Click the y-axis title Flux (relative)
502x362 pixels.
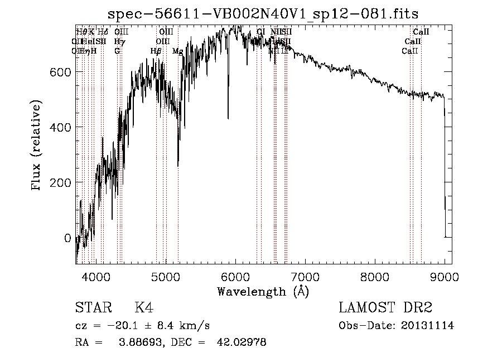click(37, 146)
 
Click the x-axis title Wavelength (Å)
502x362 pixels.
click(263, 292)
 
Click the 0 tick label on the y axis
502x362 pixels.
click(67, 238)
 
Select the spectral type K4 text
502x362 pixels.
click(144, 308)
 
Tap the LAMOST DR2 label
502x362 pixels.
click(385, 308)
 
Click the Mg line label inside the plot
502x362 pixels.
click(177, 51)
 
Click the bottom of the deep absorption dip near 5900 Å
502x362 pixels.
click(228, 118)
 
